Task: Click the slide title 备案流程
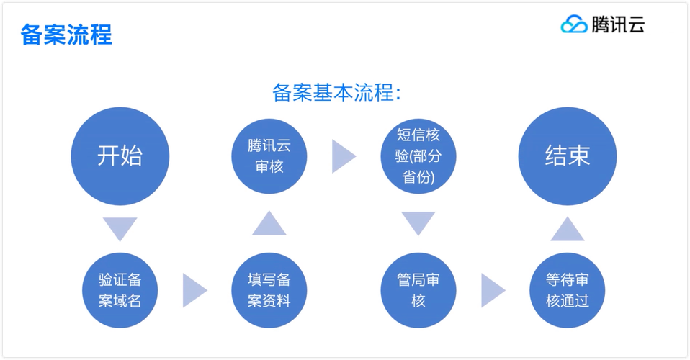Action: (x=66, y=34)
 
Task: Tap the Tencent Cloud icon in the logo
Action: (x=575, y=24)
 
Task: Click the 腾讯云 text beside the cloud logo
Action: (x=617, y=24)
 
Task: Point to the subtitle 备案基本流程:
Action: (x=337, y=93)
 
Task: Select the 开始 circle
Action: (x=120, y=156)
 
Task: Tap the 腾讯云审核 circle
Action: (x=269, y=156)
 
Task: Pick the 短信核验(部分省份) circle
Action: (x=418, y=156)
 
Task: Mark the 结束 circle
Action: (x=568, y=156)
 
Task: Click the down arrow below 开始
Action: (x=120, y=228)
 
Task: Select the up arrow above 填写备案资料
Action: (x=269, y=224)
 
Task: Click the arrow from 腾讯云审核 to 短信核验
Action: (x=343, y=156)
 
